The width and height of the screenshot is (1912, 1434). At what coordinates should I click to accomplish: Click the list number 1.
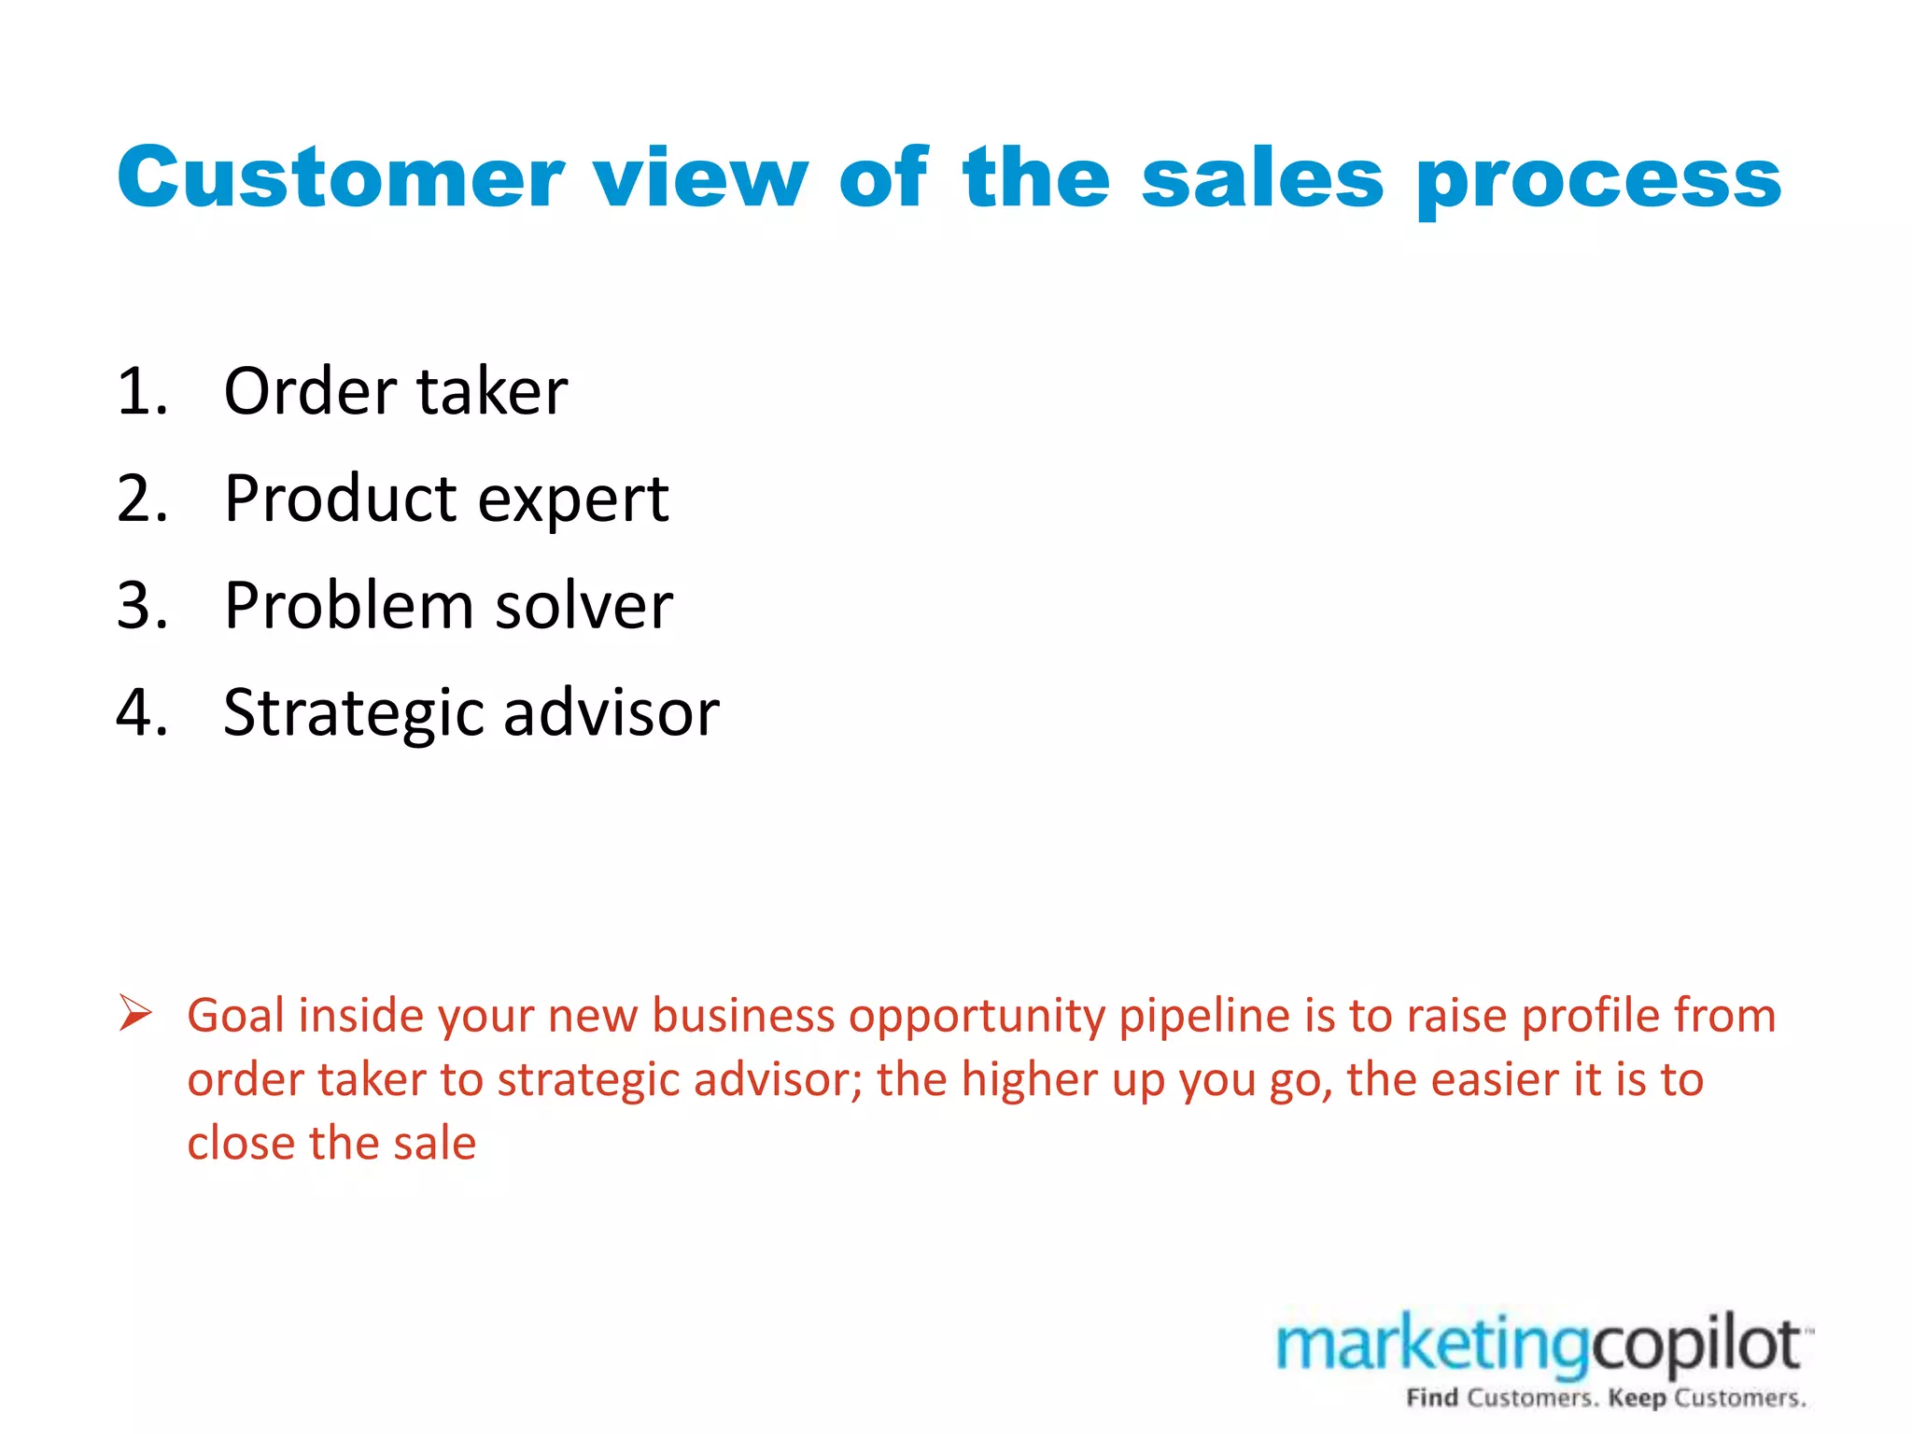tap(140, 391)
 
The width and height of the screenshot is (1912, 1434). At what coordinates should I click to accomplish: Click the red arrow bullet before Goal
tap(135, 1014)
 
